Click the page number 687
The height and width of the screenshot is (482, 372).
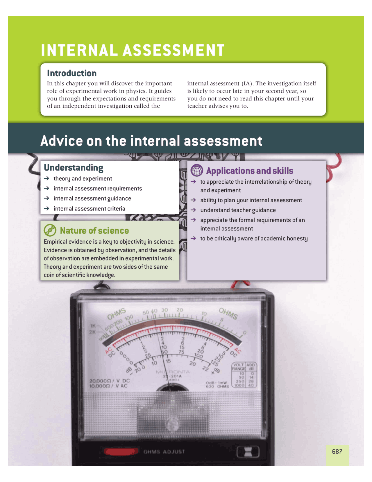click(x=337, y=451)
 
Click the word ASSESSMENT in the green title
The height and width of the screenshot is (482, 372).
click(x=174, y=50)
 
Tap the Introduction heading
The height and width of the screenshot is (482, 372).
click(x=71, y=73)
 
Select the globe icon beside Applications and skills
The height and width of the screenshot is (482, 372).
click(x=197, y=170)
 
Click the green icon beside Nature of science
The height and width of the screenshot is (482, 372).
click(x=50, y=230)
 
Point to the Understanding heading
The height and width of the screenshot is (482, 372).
click(x=74, y=168)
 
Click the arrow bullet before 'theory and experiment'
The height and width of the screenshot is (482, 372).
click(x=46, y=178)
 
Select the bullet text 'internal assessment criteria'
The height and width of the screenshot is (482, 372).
click(x=89, y=208)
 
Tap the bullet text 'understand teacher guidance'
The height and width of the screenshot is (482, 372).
click(x=238, y=210)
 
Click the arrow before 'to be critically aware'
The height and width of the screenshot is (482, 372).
click(x=193, y=238)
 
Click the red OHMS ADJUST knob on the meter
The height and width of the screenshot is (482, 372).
click(x=121, y=451)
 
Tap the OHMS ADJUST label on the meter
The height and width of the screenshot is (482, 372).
click(x=164, y=452)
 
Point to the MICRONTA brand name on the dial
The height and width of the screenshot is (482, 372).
click(x=173, y=372)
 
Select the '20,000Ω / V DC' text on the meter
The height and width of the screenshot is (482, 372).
click(x=110, y=381)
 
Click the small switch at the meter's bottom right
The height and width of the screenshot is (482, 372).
click(x=248, y=452)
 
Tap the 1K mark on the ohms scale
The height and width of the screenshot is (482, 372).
click(x=93, y=326)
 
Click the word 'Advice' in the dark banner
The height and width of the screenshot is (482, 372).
click(x=62, y=141)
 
